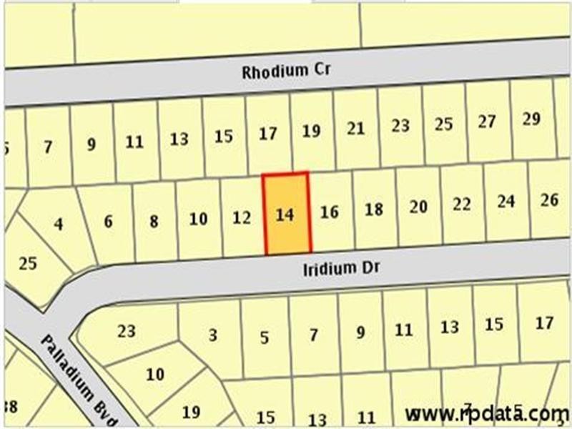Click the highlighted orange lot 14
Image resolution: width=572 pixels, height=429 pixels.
click(287, 214)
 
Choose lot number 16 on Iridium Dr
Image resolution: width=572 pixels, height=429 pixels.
click(329, 212)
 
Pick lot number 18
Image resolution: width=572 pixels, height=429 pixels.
click(374, 209)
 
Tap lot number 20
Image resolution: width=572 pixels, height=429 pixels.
click(418, 207)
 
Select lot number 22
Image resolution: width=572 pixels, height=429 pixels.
click(462, 204)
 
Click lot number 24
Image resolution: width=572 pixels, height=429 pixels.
click(506, 202)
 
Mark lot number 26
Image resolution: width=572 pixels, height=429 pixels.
click(549, 199)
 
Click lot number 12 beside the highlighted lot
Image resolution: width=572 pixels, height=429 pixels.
click(242, 217)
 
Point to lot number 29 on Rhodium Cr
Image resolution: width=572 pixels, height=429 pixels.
click(531, 119)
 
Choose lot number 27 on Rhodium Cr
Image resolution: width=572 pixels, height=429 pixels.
click(487, 122)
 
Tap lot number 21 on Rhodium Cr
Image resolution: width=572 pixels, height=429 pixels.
click(355, 129)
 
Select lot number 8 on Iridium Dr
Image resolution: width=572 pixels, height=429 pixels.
click(154, 221)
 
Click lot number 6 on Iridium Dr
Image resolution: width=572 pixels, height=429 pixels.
click(108, 222)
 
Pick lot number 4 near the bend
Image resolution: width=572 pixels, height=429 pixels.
click(58, 224)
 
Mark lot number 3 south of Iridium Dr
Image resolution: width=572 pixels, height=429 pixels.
click(213, 335)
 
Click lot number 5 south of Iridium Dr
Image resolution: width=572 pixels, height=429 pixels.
click(265, 337)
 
